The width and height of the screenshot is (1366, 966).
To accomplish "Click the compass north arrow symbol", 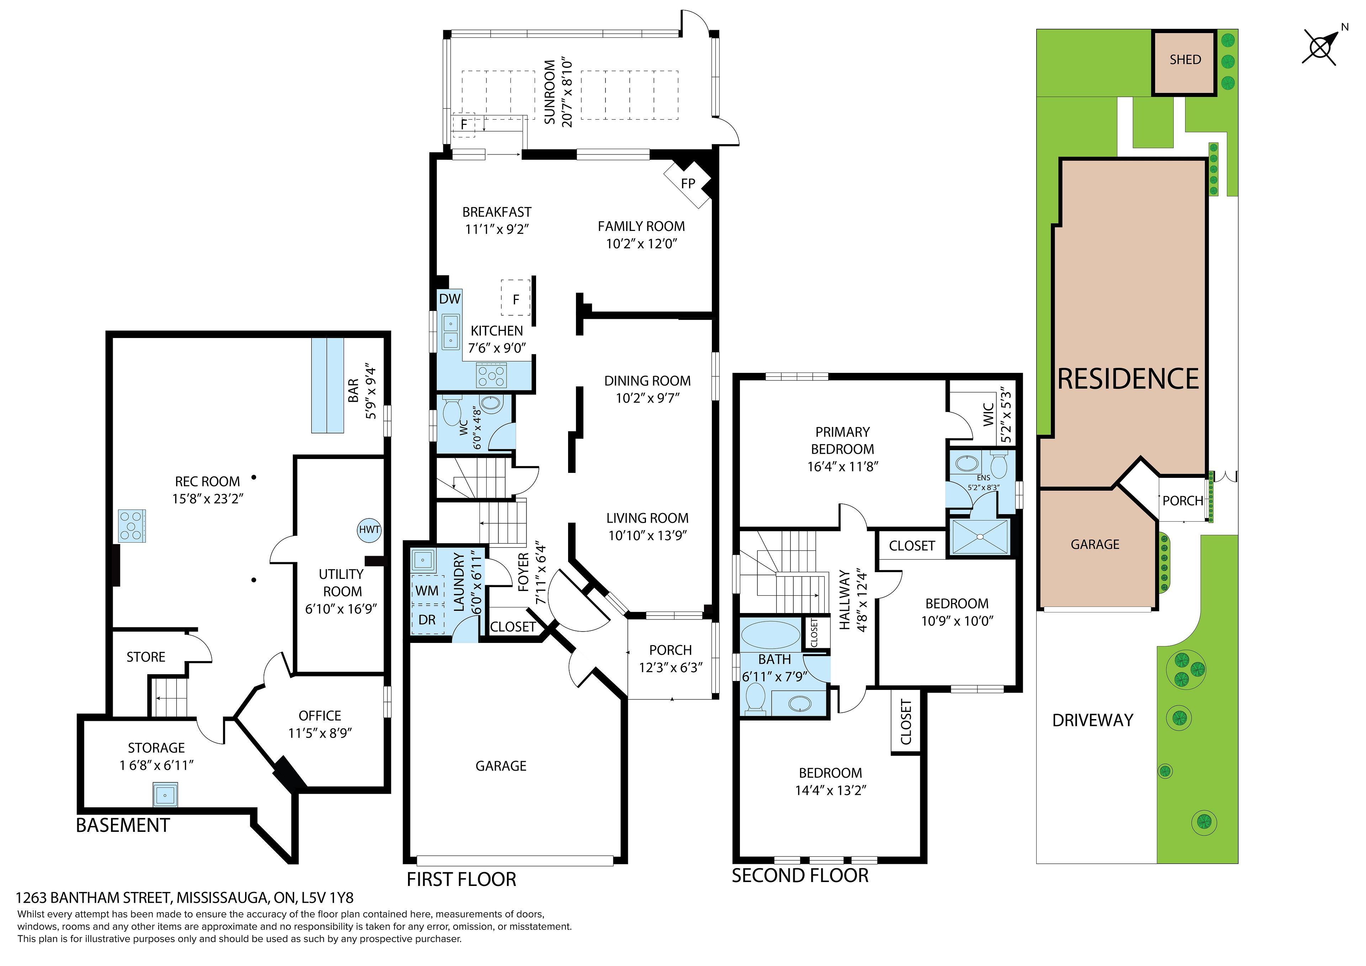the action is tap(1320, 46).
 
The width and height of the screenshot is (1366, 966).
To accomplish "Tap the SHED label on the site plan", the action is tap(1185, 59).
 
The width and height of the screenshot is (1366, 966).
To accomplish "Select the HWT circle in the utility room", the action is tap(369, 530).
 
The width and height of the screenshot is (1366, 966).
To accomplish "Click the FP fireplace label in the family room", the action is tap(688, 183).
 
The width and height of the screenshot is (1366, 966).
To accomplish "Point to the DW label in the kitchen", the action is tap(450, 299).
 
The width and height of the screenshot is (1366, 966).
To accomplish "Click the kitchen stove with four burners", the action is tap(491, 376).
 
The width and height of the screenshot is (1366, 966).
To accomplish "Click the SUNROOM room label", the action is tap(550, 92).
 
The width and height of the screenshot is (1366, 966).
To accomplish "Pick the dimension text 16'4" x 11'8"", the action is tap(842, 466).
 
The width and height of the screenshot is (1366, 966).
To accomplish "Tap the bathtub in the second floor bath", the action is tap(771, 634).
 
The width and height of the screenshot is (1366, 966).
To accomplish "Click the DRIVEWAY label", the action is tap(1093, 720).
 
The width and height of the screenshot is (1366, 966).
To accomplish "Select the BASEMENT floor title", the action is tap(123, 825).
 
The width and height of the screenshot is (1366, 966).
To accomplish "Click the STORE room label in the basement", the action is tap(146, 657).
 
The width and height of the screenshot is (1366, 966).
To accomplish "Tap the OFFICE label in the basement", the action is tap(320, 716).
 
